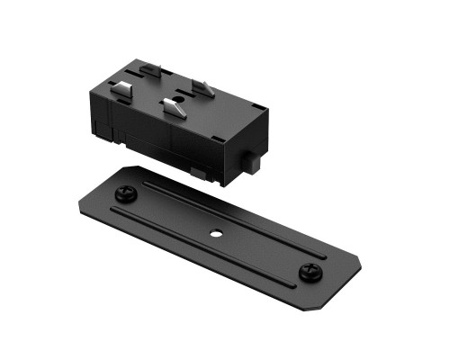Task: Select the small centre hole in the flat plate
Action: coord(216,233)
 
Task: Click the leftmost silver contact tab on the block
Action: coord(120,87)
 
